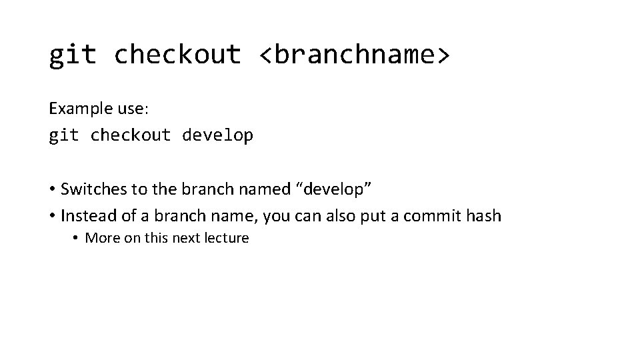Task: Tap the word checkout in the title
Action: pyautogui.click(x=177, y=55)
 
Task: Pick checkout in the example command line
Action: pyautogui.click(x=131, y=136)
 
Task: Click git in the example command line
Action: pyautogui.click(x=63, y=136)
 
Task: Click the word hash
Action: pyautogui.click(x=485, y=216)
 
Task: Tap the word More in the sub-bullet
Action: pyautogui.click(x=101, y=238)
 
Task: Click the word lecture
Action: pyautogui.click(x=227, y=238)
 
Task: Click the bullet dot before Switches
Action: pyautogui.click(x=52, y=190)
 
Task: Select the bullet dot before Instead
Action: pyautogui.click(x=52, y=217)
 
